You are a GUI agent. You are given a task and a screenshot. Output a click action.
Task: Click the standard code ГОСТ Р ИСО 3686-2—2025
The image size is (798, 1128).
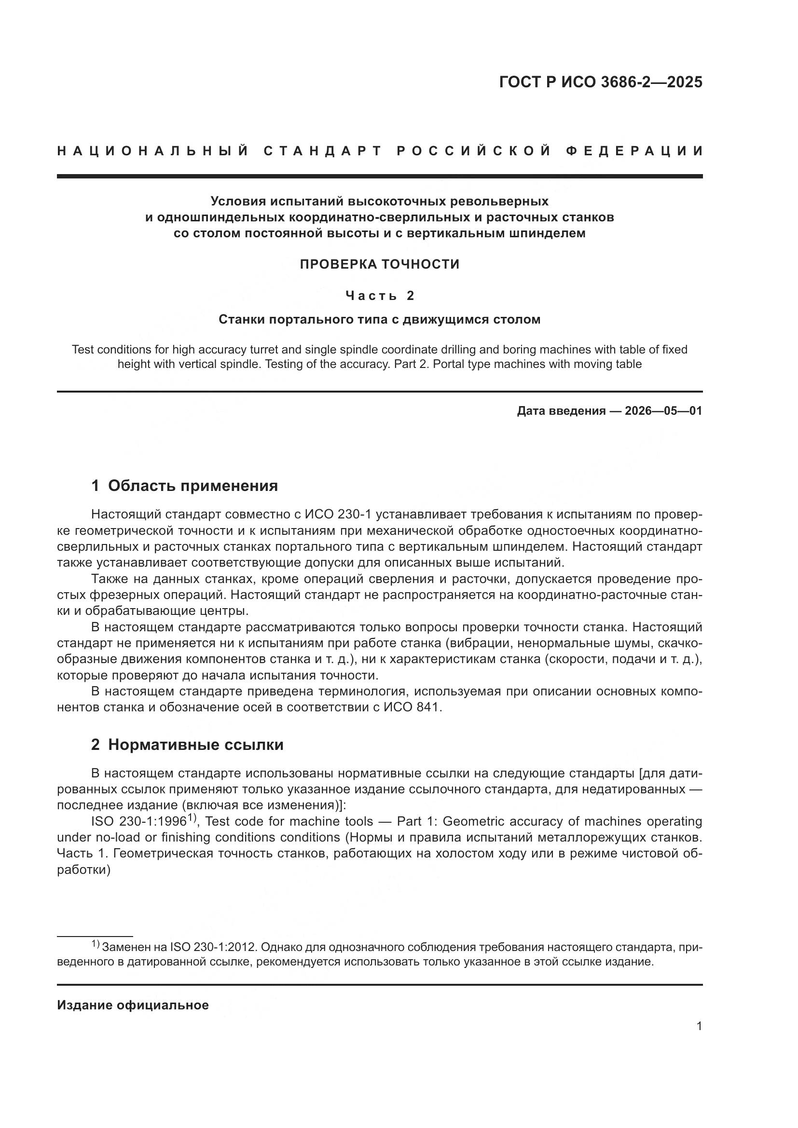click(601, 82)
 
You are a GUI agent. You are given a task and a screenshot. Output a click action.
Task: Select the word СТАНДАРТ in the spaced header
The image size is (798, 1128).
click(323, 151)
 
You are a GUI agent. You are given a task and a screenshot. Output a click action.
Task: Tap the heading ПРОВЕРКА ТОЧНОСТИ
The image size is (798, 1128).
click(379, 264)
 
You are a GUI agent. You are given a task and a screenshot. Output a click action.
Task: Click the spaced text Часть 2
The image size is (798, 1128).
click(379, 296)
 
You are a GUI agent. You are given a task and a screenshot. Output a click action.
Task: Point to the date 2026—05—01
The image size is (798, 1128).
click(663, 411)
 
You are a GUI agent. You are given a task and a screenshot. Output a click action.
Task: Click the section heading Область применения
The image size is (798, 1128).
click(193, 486)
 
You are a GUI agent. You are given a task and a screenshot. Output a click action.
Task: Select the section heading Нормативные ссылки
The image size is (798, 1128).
click(195, 745)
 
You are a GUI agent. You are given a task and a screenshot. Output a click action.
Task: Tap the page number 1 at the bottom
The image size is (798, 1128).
click(699, 1026)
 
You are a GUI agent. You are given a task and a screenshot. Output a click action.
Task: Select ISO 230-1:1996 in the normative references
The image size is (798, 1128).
click(138, 821)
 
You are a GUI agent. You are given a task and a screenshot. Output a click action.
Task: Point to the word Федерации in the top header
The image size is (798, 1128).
click(634, 151)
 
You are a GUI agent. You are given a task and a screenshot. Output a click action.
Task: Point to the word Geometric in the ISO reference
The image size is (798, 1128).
click(471, 821)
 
